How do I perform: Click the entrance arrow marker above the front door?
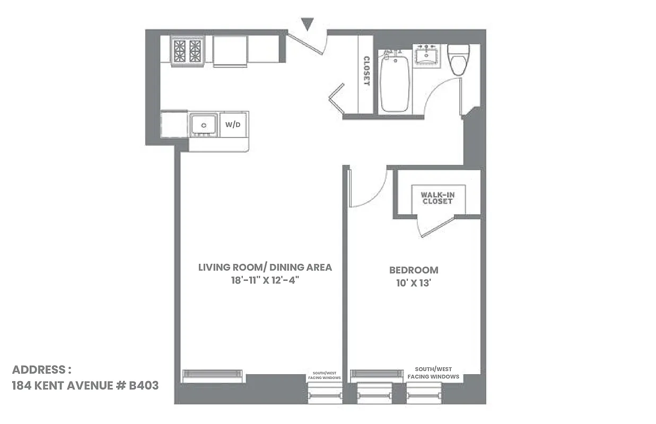(307, 24)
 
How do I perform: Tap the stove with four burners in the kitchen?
(187, 51)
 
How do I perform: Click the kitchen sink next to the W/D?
(204, 125)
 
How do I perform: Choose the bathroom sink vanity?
(428, 55)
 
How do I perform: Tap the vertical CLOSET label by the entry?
(366, 71)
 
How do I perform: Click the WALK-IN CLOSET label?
(438, 198)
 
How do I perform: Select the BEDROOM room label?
(414, 270)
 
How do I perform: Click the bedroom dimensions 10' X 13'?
(414, 283)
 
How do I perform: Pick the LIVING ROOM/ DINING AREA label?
(265, 267)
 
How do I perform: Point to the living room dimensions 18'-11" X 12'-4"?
(265, 280)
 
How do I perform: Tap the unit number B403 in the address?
(144, 385)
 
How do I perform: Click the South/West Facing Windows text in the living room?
(325, 375)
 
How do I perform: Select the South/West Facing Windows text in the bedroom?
(433, 373)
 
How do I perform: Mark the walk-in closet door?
(436, 226)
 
